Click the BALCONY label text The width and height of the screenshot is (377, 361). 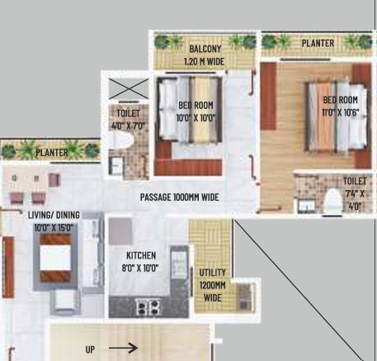click(x=205, y=49)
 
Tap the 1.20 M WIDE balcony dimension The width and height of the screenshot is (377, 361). click(x=204, y=61)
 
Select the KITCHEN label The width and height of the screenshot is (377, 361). click(x=141, y=255)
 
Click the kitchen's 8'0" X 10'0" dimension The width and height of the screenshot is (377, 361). click(x=140, y=268)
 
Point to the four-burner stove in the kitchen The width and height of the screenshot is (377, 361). click(x=148, y=307)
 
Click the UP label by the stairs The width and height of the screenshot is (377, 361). click(x=90, y=349)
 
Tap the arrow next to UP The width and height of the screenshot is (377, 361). click(x=123, y=348)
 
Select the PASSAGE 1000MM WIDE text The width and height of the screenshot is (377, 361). click(x=180, y=197)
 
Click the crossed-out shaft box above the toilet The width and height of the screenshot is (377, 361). click(x=129, y=88)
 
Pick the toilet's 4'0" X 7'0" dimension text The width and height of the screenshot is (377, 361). click(x=128, y=126)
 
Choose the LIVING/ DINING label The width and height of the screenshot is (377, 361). click(x=54, y=215)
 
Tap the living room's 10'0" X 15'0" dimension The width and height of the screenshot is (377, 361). click(x=54, y=228)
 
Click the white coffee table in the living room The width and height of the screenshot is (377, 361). click(x=55, y=258)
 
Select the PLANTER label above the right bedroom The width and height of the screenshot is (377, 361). click(x=318, y=43)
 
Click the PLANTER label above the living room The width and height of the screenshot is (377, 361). click(x=52, y=152)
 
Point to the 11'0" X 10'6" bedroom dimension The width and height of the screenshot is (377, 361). click(x=341, y=112)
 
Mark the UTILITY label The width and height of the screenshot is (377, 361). click(x=212, y=273)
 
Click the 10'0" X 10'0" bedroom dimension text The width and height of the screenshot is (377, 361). click(x=196, y=118)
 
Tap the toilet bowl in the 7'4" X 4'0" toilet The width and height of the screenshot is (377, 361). click(x=332, y=201)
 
